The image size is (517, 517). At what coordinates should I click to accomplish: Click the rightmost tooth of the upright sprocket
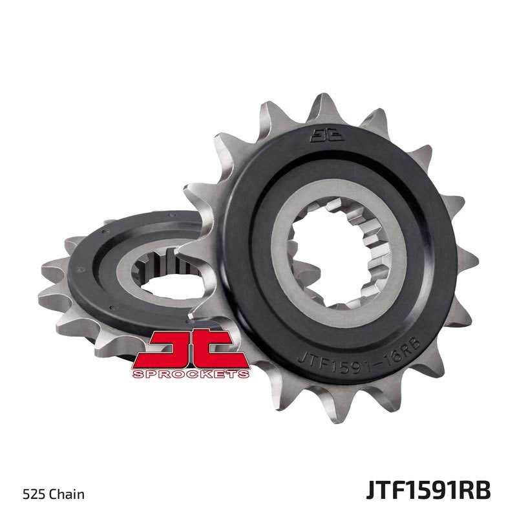[x=467, y=261]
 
